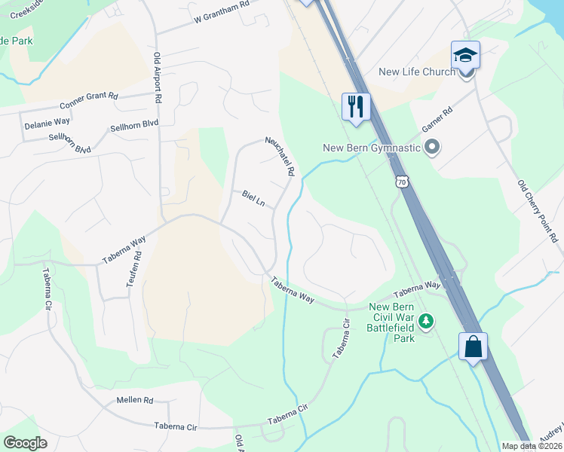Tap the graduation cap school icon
465,55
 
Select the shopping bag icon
473,347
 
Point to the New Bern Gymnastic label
371,148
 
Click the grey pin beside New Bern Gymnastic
432,148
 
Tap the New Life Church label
417,72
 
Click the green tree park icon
427,322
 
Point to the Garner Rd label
437,119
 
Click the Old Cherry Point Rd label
537,211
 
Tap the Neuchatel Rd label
279,157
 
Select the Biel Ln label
254,198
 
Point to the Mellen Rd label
135,400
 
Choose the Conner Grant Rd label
90,100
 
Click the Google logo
25,442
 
